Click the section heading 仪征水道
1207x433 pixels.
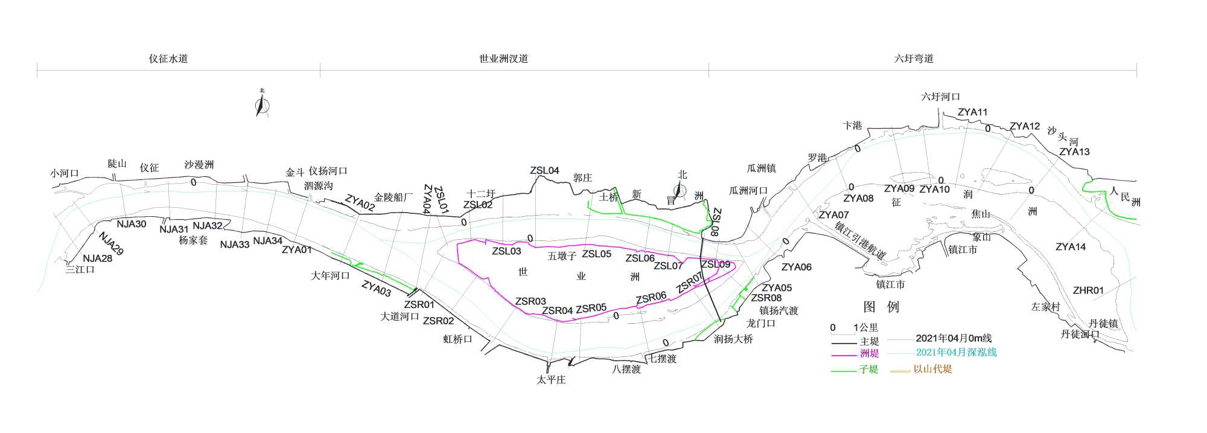click(x=168, y=59)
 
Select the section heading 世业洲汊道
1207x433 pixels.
click(x=503, y=59)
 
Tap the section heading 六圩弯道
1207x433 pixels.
click(x=914, y=59)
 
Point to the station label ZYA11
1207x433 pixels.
click(x=972, y=112)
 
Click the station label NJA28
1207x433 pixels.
click(x=97, y=258)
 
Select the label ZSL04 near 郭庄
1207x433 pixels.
click(x=544, y=171)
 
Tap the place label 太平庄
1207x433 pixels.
click(x=551, y=380)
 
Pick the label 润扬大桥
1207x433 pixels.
click(x=733, y=339)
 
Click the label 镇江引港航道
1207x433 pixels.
click(x=860, y=241)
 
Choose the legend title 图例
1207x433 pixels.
click(x=881, y=307)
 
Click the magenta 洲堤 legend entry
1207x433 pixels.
click(x=869, y=354)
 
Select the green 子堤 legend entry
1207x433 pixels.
click(x=868, y=370)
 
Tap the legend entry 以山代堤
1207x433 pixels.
click(x=932, y=370)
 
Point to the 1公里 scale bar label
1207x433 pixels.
click(x=865, y=328)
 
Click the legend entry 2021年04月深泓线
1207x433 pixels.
click(x=956, y=353)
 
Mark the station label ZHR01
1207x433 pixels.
click(x=1088, y=290)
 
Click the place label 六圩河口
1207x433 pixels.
click(x=940, y=97)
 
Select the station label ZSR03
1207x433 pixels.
click(x=530, y=301)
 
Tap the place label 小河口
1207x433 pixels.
click(x=65, y=173)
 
